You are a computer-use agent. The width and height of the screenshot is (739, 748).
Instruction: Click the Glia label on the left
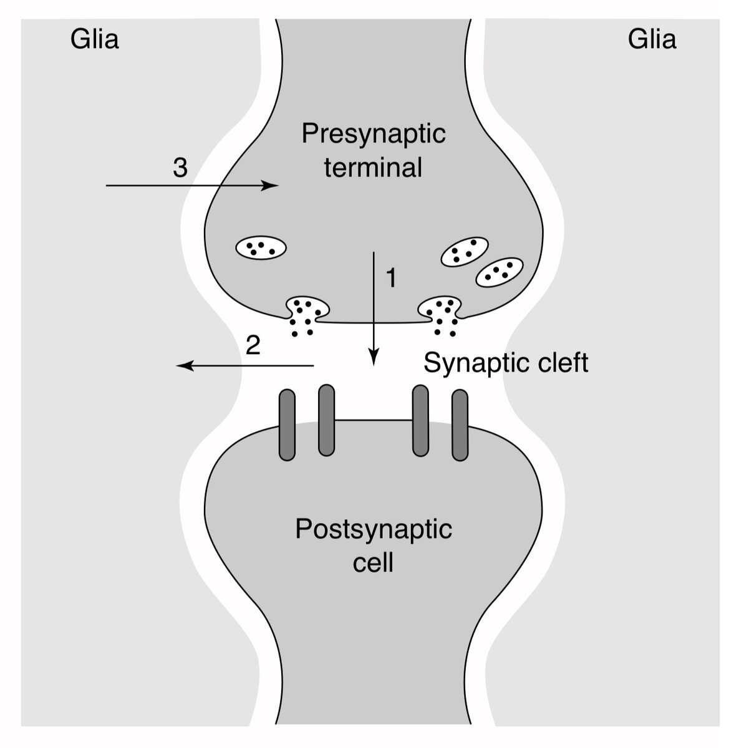point(94,39)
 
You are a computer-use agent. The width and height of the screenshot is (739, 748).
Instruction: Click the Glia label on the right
point(652,39)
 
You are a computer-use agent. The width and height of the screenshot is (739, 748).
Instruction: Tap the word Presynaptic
point(374,134)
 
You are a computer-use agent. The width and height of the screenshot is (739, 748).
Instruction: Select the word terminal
point(373,168)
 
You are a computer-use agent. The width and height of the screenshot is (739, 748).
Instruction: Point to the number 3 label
point(180,168)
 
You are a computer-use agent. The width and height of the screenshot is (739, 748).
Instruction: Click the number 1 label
point(391,278)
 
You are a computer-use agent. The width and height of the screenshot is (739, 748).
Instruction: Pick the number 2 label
point(253,345)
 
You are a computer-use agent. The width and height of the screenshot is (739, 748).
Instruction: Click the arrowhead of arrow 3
point(272,186)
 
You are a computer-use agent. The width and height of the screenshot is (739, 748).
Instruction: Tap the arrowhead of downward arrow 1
point(374,359)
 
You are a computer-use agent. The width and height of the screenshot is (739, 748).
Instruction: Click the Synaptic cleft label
point(506,363)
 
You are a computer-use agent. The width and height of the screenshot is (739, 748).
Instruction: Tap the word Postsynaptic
point(374,529)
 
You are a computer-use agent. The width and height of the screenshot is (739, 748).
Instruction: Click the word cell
point(373,562)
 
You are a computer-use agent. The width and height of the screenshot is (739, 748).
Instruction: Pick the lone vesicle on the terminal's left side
point(261,248)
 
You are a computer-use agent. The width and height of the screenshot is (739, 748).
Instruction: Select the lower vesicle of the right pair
point(499,272)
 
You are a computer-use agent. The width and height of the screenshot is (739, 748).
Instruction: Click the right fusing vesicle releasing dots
point(442,309)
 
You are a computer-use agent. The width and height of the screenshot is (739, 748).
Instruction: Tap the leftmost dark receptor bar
point(287,425)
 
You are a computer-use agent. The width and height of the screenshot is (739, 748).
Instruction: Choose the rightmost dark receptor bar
point(460,425)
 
